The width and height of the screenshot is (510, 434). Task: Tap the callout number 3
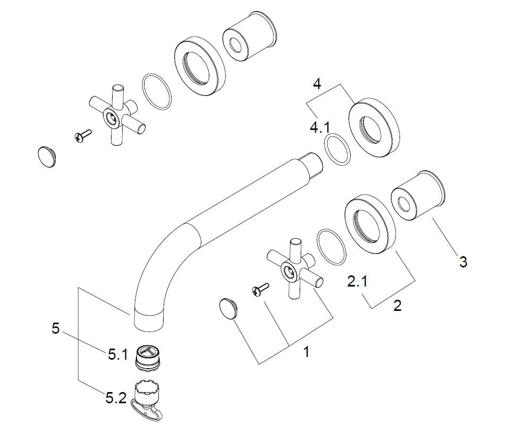pyautogui.click(x=463, y=262)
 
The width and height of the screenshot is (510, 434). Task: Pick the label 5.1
pyautogui.click(x=118, y=355)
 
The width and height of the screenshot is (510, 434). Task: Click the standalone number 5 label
pyautogui.click(x=55, y=328)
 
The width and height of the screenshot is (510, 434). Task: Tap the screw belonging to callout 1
pyautogui.click(x=260, y=289)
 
